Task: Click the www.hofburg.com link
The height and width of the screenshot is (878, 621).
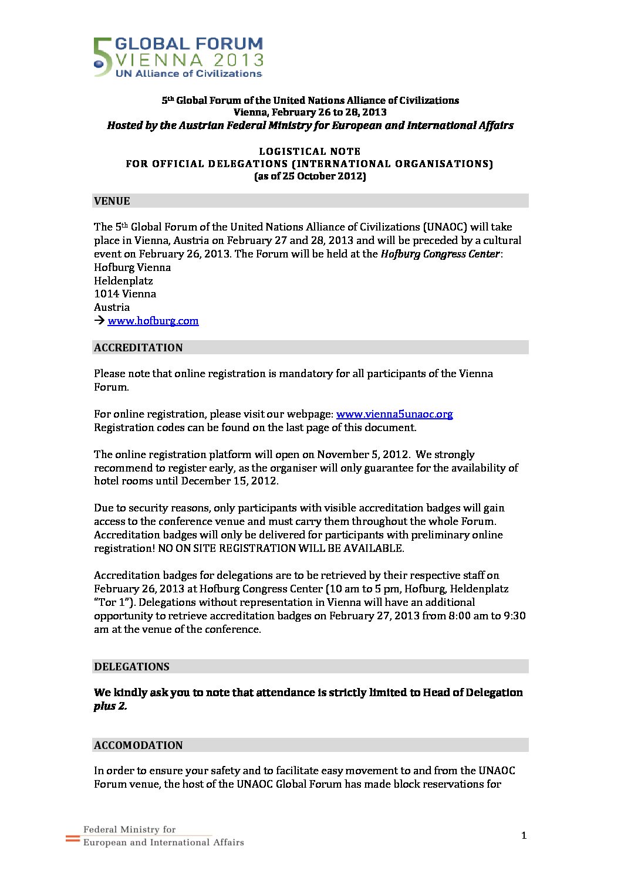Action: click(x=153, y=321)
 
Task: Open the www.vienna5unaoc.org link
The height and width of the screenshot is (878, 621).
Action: click(x=394, y=414)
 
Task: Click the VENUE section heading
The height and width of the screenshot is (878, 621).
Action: click(x=112, y=201)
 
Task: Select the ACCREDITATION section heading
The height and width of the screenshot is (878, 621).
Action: click(x=139, y=348)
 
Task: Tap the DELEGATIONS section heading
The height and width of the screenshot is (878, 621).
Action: click(x=131, y=667)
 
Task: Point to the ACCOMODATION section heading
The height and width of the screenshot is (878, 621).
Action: click(x=139, y=745)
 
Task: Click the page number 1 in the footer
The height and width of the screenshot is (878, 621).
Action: click(x=524, y=836)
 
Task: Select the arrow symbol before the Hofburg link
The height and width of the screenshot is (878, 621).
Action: click(x=99, y=321)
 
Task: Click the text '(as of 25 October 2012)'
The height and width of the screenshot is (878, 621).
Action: click(x=310, y=177)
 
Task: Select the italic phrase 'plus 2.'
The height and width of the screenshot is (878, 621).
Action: click(x=110, y=706)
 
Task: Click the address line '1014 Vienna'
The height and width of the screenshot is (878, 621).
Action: click(x=125, y=294)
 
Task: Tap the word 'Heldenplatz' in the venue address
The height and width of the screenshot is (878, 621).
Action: click(x=123, y=281)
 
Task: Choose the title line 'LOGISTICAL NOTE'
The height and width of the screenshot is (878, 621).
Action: click(x=310, y=151)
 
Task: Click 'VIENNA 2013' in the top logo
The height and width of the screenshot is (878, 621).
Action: click(x=190, y=60)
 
